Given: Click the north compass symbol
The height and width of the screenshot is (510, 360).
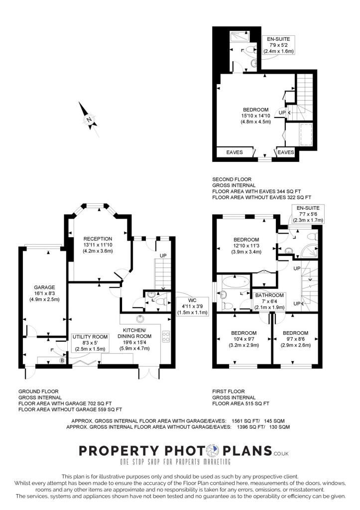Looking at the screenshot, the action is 88,120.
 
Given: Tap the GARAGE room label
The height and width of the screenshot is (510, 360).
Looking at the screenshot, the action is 44,293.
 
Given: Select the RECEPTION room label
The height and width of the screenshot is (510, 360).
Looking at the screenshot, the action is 98,245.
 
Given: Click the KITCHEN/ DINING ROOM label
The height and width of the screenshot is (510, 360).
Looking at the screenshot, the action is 134,339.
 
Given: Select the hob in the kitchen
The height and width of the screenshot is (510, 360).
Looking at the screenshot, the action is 165,337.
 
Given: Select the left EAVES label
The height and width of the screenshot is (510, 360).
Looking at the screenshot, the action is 235,152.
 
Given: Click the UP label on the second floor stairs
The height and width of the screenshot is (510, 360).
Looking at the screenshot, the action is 282,113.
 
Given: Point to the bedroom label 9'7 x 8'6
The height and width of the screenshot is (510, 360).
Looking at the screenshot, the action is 296,339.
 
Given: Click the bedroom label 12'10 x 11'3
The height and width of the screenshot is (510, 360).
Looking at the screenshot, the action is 246,246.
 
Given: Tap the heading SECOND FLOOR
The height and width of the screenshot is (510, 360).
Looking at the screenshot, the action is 232,179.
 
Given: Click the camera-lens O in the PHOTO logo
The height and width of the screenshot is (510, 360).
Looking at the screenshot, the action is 213,450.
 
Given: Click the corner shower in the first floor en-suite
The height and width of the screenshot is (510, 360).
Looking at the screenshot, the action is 309,251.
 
